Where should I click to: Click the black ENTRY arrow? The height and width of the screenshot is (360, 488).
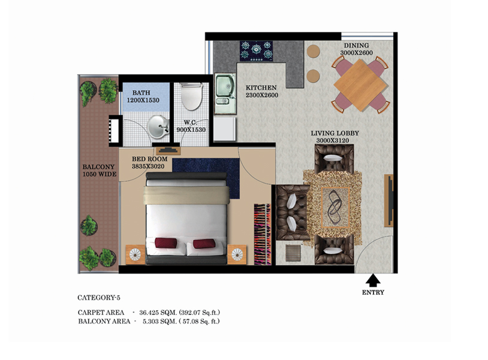373,280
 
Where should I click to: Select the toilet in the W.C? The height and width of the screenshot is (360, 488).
191,97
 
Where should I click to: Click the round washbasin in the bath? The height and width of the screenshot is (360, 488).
158,126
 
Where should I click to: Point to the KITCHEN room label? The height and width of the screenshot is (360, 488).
261,88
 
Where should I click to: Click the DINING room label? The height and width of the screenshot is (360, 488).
356,46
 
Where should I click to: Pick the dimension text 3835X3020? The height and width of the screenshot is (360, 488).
148,166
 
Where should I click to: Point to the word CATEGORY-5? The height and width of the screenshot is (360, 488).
99,297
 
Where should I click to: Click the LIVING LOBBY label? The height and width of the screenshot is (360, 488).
334,133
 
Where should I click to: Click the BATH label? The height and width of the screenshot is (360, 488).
141,93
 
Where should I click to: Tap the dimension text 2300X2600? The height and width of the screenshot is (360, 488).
262,96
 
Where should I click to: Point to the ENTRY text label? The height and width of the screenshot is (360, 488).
373,293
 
